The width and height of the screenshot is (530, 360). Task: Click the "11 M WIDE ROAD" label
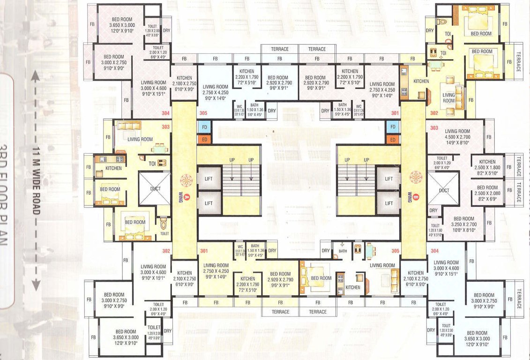click(x=36, y=180)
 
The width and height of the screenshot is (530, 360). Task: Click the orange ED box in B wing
click(x=393, y=139)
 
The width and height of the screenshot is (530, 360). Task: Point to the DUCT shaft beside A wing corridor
click(x=155, y=188)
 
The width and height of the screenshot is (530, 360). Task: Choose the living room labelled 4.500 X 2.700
click(x=457, y=136)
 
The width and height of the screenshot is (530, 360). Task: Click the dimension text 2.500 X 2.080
click(x=487, y=193)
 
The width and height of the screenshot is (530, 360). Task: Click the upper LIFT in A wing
click(x=209, y=178)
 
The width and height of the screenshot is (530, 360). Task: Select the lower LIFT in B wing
click(x=388, y=202)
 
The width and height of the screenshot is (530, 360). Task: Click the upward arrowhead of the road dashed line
click(x=35, y=75)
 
